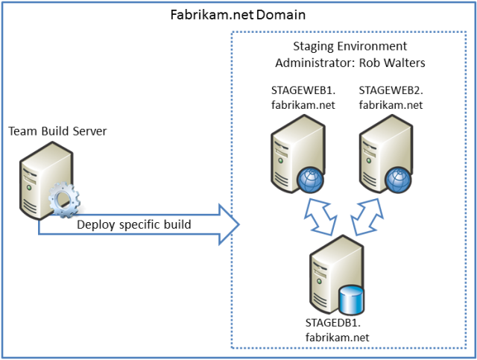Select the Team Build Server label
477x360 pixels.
point(57,131)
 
